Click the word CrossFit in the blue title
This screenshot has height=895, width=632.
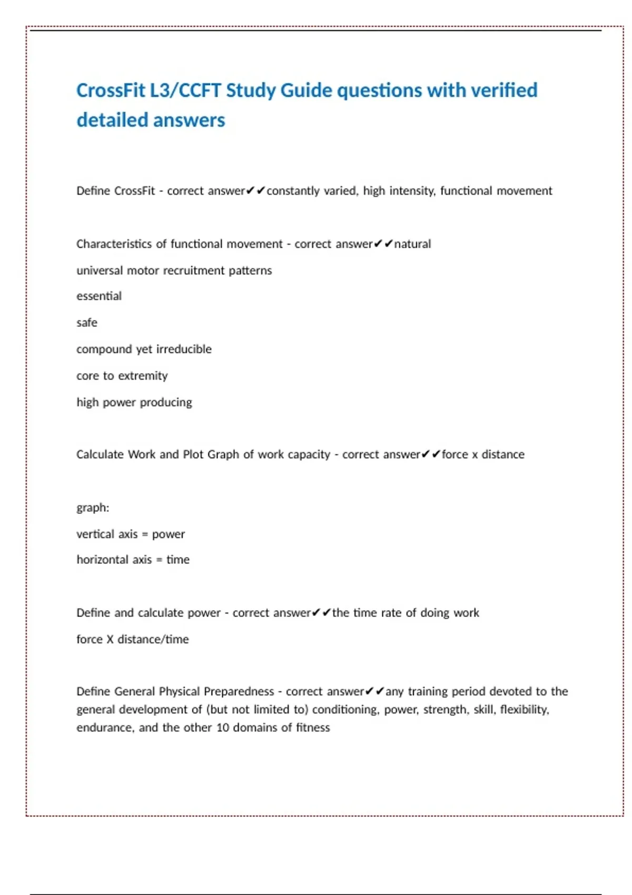(110, 91)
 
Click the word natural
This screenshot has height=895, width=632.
(412, 244)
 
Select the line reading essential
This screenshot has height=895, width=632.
(99, 296)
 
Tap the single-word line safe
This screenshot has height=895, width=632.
(87, 323)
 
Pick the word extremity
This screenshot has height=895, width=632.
(143, 376)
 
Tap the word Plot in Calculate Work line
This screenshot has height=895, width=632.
(193, 454)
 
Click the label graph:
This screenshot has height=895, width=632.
(93, 508)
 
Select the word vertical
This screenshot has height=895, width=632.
(95, 534)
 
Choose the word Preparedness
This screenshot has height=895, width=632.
(239, 691)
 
